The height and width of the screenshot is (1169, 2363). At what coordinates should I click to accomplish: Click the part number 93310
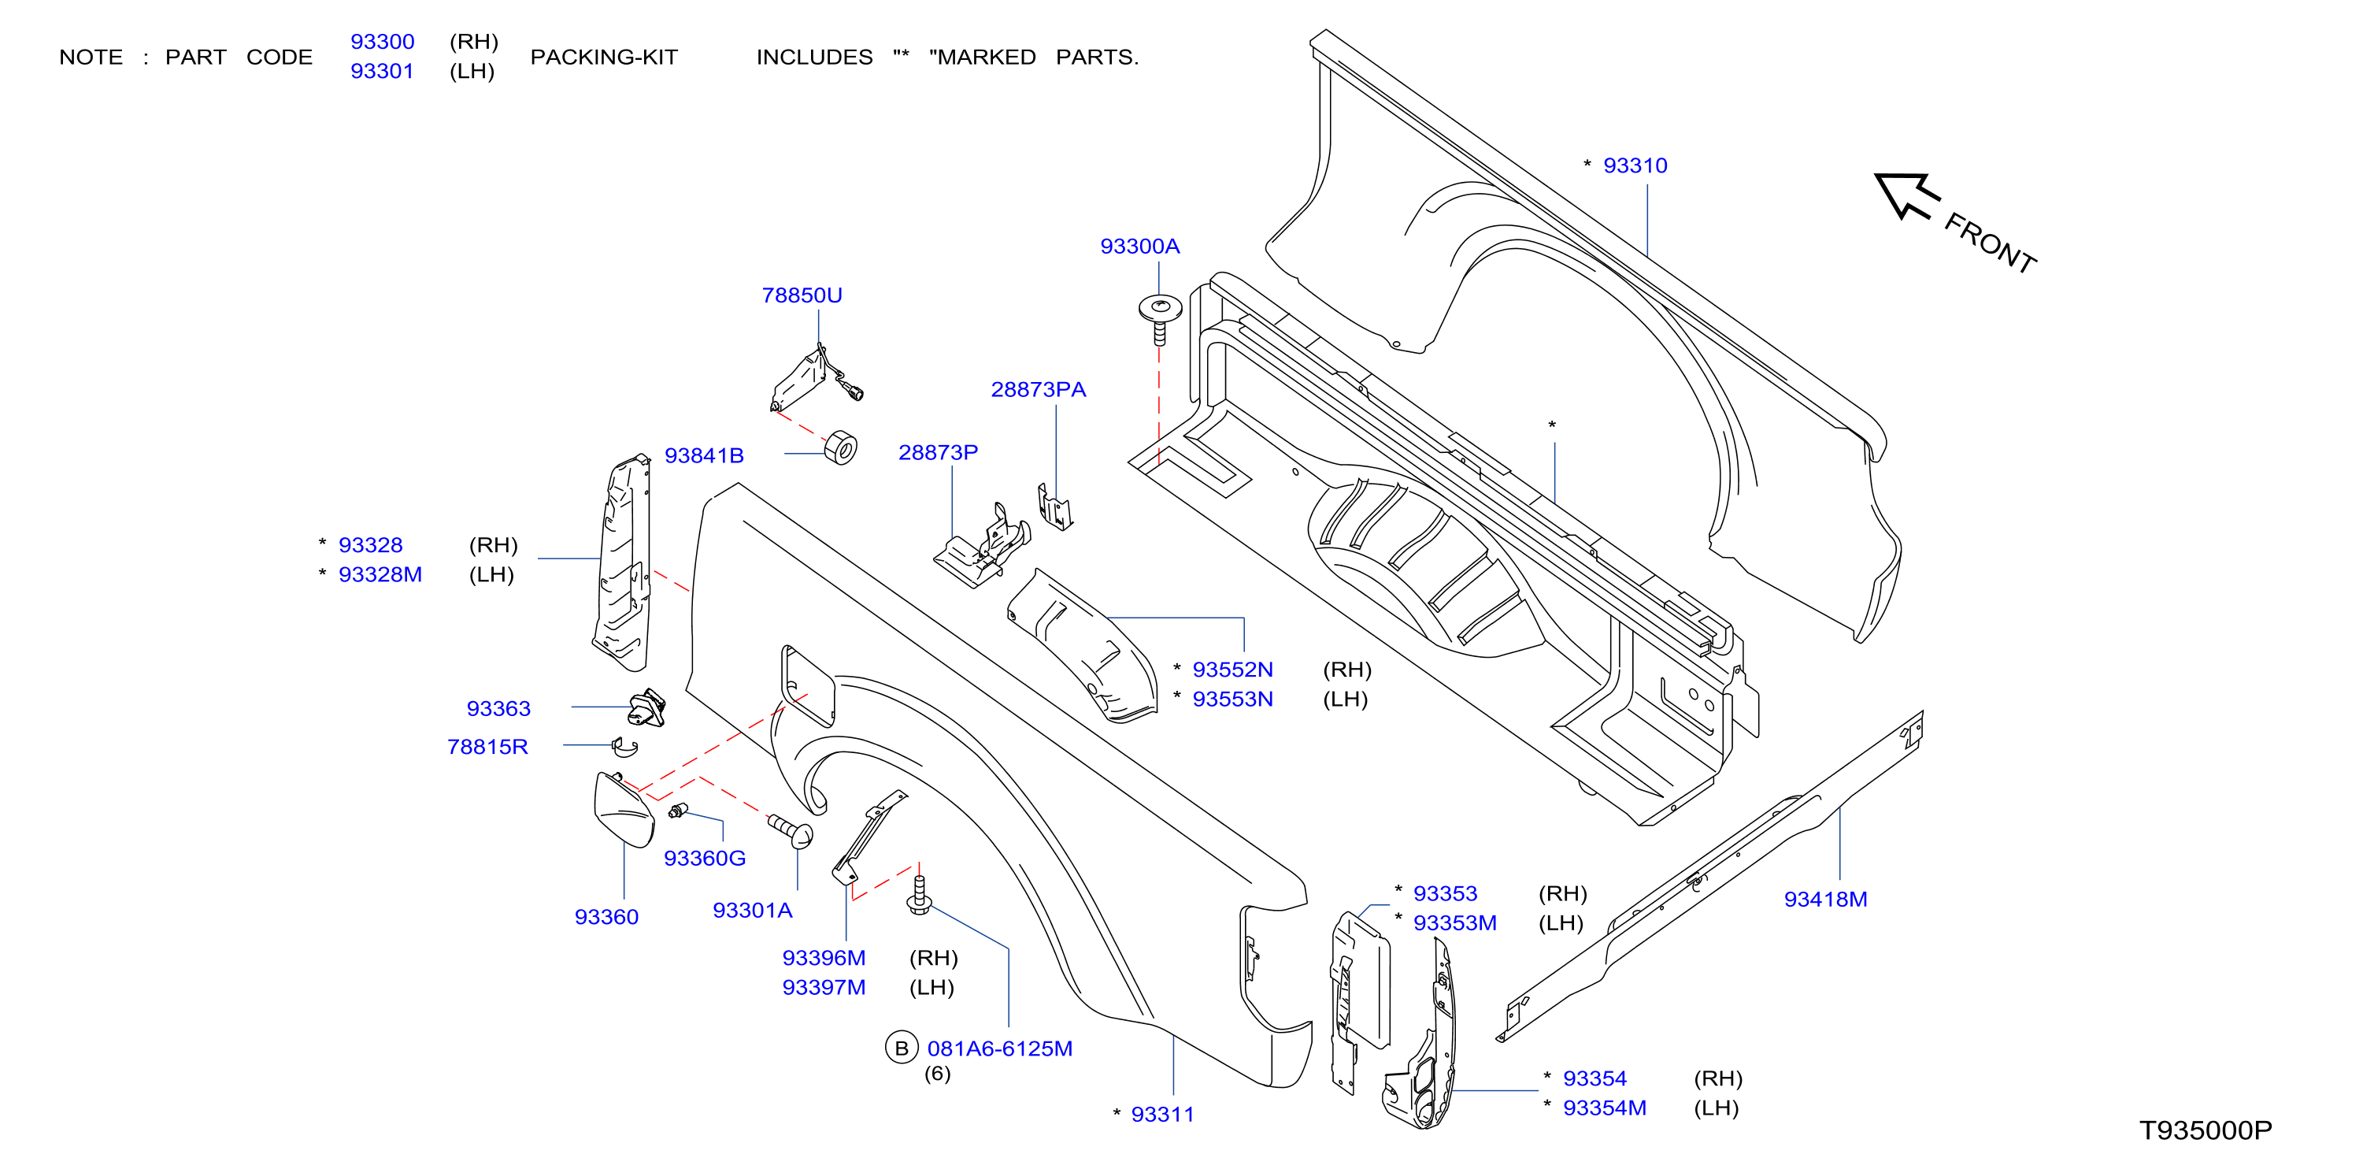point(1635,165)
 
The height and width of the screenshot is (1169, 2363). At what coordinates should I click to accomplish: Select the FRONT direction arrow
point(1906,195)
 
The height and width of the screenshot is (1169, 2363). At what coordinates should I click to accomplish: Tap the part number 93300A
point(1139,246)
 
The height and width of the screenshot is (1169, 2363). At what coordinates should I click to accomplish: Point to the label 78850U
point(802,295)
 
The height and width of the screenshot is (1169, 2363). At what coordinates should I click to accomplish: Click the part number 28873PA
point(1039,389)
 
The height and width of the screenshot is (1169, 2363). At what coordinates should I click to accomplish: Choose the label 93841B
point(704,455)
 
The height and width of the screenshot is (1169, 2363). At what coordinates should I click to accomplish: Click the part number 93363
point(498,708)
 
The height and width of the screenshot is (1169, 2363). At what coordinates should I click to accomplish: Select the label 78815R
point(487,747)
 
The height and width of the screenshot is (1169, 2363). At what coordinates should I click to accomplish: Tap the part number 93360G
point(705,858)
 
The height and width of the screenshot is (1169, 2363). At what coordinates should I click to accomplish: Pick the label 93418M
point(1825,900)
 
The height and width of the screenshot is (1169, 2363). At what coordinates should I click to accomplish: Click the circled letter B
point(902,1048)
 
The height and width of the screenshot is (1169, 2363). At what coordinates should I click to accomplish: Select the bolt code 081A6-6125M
point(1000,1048)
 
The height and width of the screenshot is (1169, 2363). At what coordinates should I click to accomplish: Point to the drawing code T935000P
point(2206,1130)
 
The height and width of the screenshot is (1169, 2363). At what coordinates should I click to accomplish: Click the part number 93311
point(1162,1114)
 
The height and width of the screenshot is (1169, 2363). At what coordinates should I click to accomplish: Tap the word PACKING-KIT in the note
point(604,57)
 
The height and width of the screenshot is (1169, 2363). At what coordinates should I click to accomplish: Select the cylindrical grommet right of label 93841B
point(840,447)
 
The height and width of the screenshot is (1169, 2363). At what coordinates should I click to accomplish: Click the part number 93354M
point(1605,1108)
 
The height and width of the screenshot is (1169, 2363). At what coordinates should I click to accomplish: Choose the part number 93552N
point(1232,670)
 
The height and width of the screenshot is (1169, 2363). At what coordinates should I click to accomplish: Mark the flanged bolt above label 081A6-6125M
point(919,896)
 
